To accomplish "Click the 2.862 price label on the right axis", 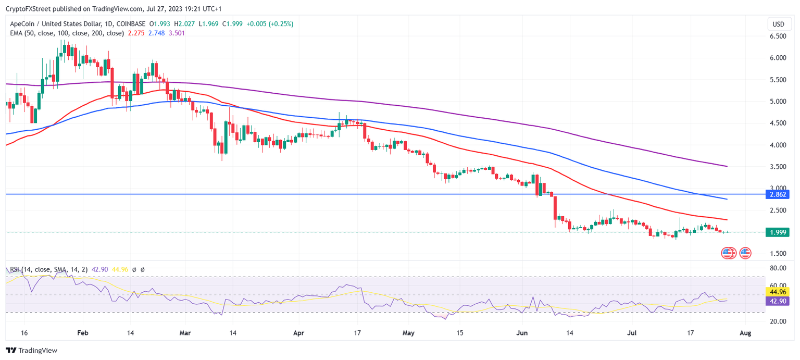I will click(778, 194).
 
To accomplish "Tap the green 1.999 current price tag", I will click(778, 232).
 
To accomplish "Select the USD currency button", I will click(778, 24).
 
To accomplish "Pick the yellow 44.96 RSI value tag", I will click(778, 292).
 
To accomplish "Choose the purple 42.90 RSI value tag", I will click(778, 301).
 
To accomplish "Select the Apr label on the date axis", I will click(298, 332).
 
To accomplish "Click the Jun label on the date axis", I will click(523, 332).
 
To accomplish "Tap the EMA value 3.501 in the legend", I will click(177, 33).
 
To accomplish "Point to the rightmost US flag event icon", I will click(745, 253).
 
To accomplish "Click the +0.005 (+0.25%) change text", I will click(269, 24).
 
